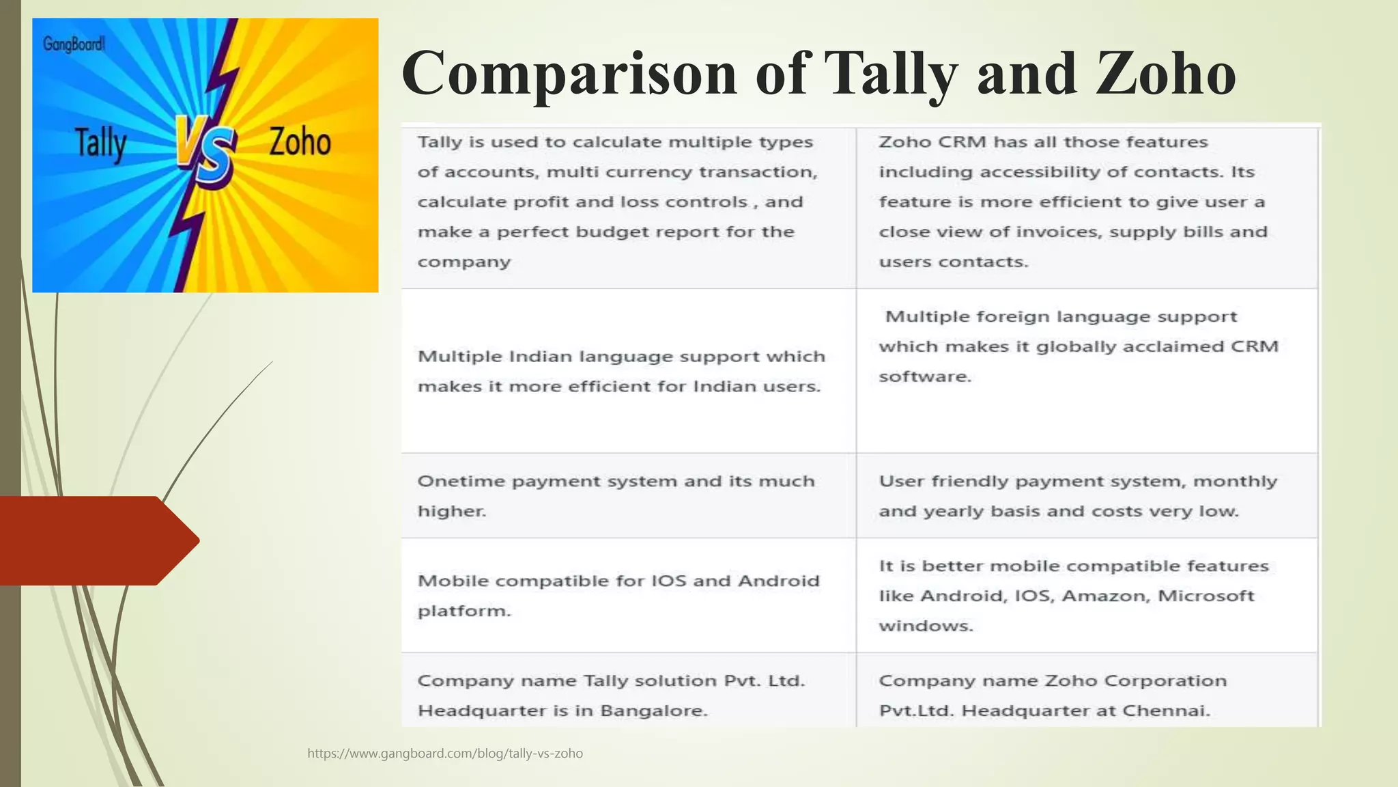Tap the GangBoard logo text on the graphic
pyautogui.click(x=74, y=45)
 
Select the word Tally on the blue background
pyautogui.click(x=100, y=143)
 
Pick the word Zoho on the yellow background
pyautogui.click(x=300, y=142)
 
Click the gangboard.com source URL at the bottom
pyautogui.click(x=445, y=754)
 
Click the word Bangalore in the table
pyautogui.click(x=653, y=710)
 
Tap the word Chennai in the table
pyautogui.click(x=1165, y=710)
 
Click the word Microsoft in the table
pyautogui.click(x=1206, y=596)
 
